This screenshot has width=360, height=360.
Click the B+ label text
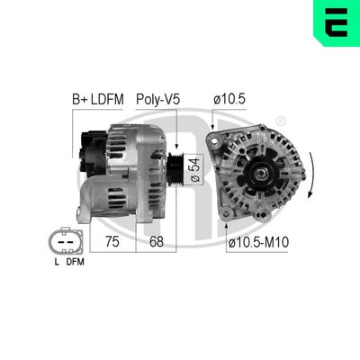[x=80, y=99]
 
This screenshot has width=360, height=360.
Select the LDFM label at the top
[x=111, y=99]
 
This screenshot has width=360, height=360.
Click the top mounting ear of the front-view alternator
[x=216, y=140]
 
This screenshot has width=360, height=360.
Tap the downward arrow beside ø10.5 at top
[x=214, y=121]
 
